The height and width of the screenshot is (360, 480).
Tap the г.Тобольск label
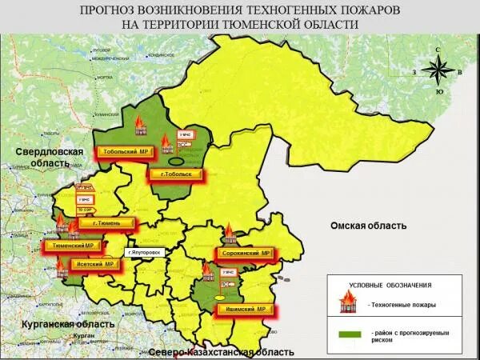tap(173, 174)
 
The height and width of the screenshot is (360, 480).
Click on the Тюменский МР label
tap(74, 246)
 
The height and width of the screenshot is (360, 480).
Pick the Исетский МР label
tap(94, 264)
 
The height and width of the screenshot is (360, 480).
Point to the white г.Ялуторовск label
tap(145, 252)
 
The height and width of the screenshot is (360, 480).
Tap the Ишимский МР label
tap(246, 309)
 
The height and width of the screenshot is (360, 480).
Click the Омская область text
tap(368, 226)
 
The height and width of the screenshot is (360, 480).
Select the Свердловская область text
tap(45, 157)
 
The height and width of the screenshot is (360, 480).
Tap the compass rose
tap(438, 71)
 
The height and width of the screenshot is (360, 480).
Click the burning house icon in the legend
tap(349, 303)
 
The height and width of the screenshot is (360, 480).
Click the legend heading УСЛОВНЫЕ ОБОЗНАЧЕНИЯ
tap(390, 285)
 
